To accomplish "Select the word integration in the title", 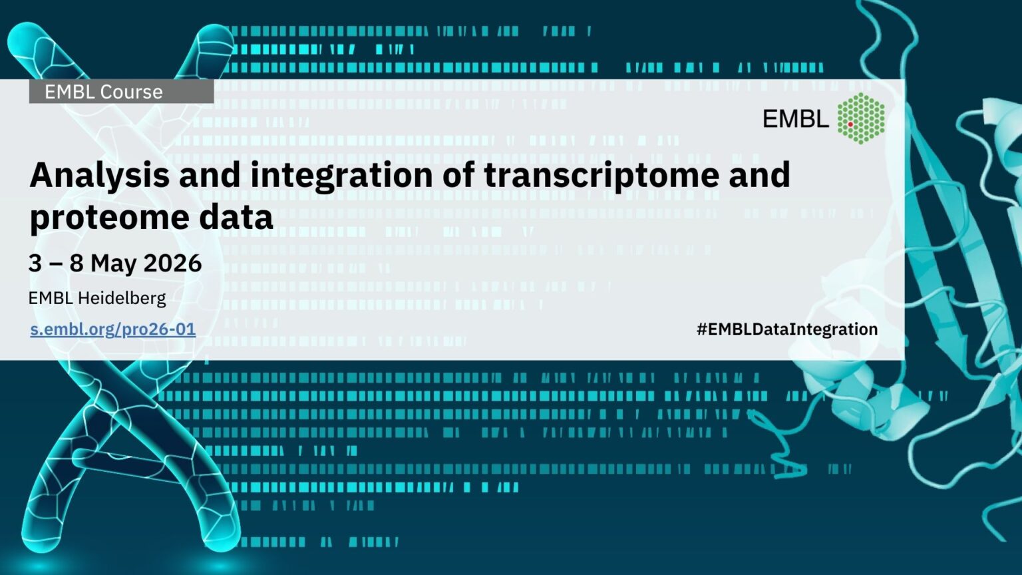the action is coord(341,177).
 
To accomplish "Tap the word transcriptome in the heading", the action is coord(601,177).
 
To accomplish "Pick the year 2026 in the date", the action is coord(172,263).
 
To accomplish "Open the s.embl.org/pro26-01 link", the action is coord(113,329).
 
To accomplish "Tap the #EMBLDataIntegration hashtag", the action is coord(787,329).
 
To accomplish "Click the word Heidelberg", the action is coord(122,298).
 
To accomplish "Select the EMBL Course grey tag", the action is coord(121,92).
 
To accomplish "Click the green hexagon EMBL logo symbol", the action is coord(861,118).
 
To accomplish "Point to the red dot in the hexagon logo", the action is coord(850,124).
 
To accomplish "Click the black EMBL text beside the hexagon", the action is coord(796,118).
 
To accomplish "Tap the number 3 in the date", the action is coord(35,263).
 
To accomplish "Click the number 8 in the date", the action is coord(77,263).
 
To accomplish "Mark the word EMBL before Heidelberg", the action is coord(51,298).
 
